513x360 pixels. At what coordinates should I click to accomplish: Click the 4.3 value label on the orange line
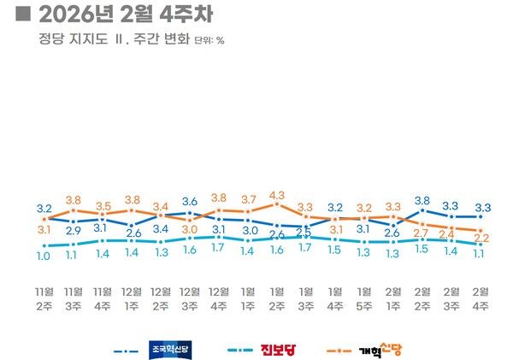(277, 195)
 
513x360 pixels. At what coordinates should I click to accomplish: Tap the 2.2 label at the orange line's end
(481, 239)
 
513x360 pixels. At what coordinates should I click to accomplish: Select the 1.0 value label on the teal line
(44, 256)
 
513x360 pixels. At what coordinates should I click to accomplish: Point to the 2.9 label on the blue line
(74, 231)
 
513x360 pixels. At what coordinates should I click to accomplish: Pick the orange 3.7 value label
(248, 199)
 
